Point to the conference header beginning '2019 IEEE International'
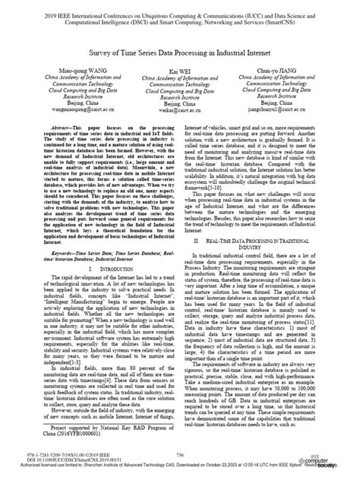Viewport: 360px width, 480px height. [179, 14]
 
